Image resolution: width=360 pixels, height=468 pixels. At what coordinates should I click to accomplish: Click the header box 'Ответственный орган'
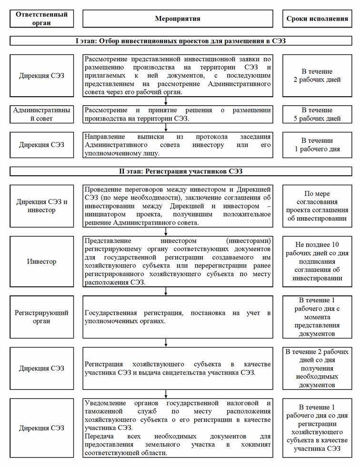(x=42, y=18)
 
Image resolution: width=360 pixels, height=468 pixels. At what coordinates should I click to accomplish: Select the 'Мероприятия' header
(x=178, y=19)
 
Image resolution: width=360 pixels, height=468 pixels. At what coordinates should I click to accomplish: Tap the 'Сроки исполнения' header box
(x=317, y=19)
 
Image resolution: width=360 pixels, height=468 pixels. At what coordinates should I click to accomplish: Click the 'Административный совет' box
(x=42, y=114)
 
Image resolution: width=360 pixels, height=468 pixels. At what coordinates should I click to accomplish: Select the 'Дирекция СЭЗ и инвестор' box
(x=42, y=206)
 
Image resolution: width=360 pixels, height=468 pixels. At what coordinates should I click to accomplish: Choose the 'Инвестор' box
(x=42, y=261)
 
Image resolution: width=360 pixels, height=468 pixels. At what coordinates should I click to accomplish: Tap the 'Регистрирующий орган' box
(x=42, y=317)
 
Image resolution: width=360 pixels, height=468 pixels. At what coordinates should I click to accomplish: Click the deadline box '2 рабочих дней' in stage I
(x=317, y=75)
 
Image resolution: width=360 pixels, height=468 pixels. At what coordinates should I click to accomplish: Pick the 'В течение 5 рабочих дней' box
(x=317, y=114)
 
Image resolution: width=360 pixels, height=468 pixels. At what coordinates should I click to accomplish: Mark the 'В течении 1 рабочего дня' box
(x=317, y=144)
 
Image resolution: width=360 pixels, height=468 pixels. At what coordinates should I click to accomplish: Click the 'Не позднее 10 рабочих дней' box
(x=317, y=261)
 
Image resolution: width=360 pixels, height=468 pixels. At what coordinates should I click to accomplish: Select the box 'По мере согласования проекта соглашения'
(x=317, y=206)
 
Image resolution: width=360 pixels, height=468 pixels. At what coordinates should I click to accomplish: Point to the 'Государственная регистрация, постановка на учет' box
(x=178, y=317)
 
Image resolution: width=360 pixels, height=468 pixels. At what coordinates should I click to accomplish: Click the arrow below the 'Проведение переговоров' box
(x=166, y=231)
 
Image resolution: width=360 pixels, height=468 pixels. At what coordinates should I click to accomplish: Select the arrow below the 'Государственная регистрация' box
(x=166, y=342)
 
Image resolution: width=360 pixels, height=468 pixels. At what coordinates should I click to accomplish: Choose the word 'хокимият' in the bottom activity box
(x=256, y=444)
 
